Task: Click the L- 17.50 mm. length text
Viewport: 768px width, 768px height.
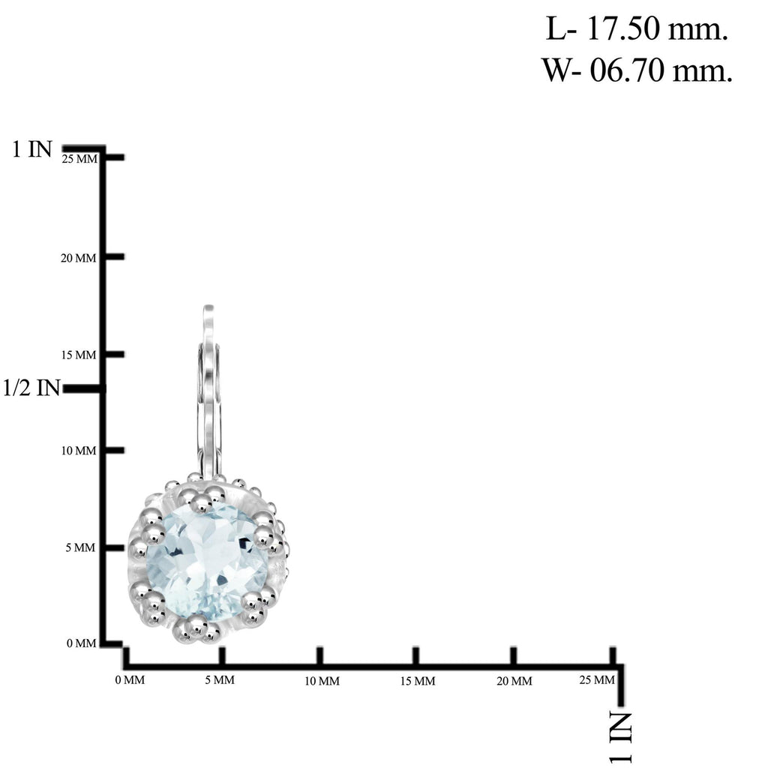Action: tap(637, 29)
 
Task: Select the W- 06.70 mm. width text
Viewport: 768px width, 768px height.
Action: tap(637, 70)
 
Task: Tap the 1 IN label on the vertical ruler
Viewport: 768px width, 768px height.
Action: tap(31, 149)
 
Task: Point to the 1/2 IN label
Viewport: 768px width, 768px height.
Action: tap(31, 388)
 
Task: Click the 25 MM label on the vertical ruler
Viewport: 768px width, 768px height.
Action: tap(79, 159)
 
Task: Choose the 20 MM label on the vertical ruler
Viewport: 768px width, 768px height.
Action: tap(78, 258)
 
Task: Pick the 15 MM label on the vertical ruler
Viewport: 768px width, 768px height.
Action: tap(79, 355)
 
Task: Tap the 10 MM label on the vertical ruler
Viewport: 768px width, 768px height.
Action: tap(79, 451)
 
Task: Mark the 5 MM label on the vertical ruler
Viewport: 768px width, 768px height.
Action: tap(81, 547)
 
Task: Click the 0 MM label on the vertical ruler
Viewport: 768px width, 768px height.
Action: tap(81, 643)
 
